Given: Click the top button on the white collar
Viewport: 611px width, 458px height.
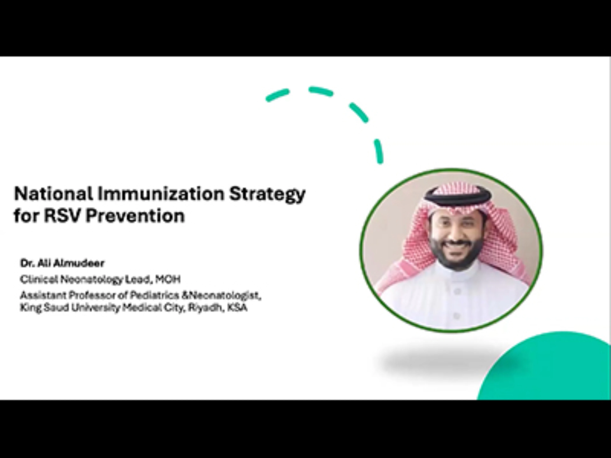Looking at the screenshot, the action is tap(457, 291).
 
